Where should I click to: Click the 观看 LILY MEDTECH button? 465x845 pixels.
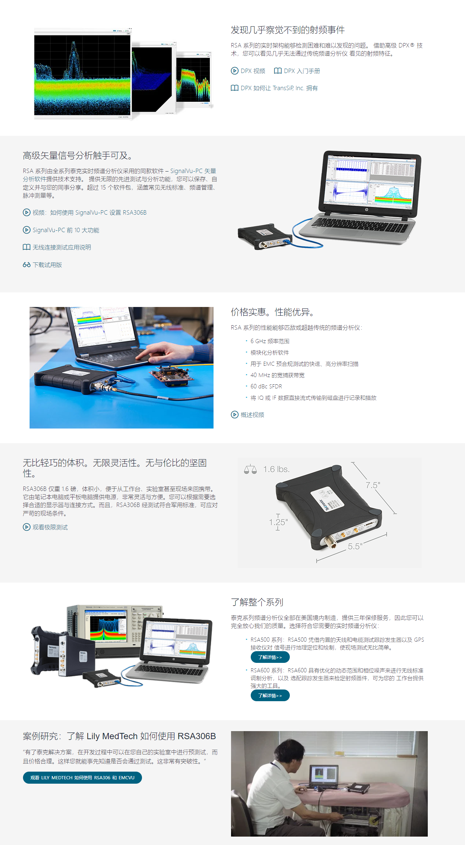click(x=82, y=777)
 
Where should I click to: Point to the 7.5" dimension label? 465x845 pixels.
click(x=373, y=485)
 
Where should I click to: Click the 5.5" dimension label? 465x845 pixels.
click(x=355, y=546)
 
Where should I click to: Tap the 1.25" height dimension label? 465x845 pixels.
click(x=278, y=522)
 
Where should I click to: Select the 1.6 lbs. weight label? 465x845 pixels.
click(x=276, y=469)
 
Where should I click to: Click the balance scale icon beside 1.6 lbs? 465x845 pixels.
click(x=250, y=469)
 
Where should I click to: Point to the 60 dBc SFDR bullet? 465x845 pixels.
click(x=266, y=386)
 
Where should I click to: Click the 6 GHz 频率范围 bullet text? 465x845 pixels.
click(x=270, y=341)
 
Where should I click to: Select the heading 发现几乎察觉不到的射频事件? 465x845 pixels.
click(x=288, y=30)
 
